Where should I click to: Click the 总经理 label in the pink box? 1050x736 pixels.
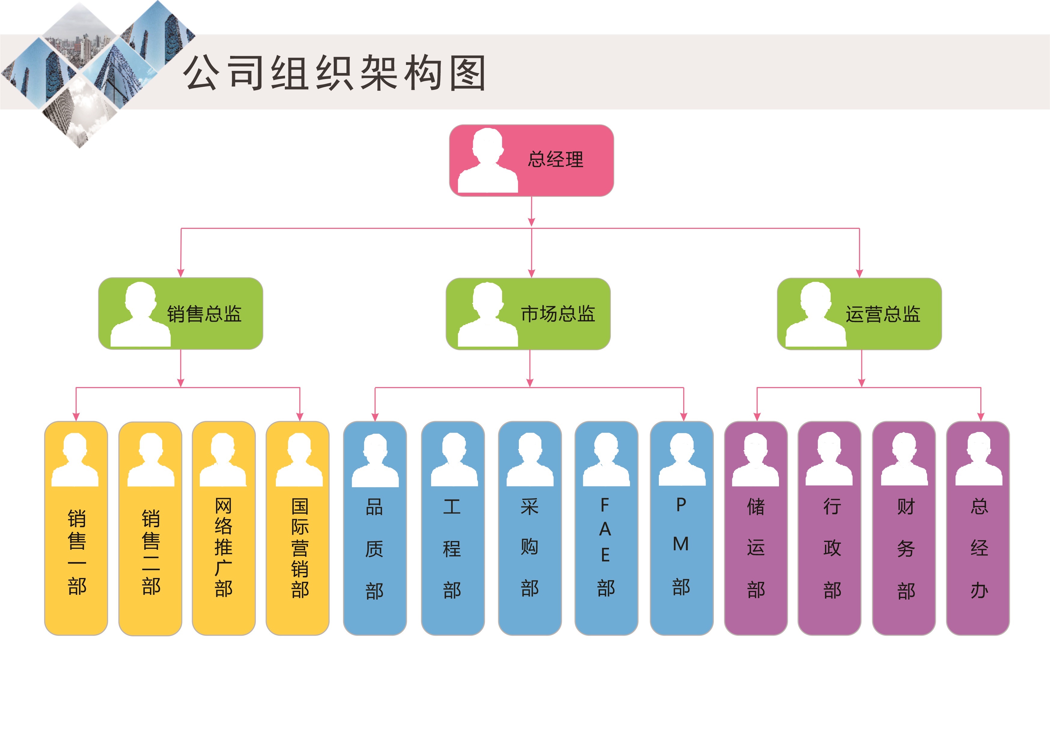(x=555, y=160)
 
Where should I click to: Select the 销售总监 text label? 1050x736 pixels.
(x=204, y=314)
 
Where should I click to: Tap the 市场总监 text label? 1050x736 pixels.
(x=558, y=314)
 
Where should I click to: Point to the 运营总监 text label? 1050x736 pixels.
(x=883, y=314)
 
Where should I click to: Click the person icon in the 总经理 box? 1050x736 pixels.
(x=488, y=161)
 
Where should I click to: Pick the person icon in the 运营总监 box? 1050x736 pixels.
(x=815, y=315)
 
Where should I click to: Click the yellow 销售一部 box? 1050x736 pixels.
(x=76, y=528)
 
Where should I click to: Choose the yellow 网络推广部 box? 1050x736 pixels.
(x=224, y=528)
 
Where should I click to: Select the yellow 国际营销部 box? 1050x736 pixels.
(x=298, y=528)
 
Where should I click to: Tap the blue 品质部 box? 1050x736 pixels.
(x=375, y=528)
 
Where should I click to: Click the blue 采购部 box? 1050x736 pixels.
(x=530, y=528)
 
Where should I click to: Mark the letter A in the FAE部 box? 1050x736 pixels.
(x=605, y=529)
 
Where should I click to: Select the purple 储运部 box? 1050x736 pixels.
(x=756, y=528)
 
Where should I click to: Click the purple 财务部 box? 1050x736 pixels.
(x=904, y=528)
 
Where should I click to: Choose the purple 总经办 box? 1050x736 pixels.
(x=978, y=528)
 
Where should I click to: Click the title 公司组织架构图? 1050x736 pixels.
(x=335, y=73)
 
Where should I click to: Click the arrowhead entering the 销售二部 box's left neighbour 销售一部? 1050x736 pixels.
(x=76, y=417)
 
